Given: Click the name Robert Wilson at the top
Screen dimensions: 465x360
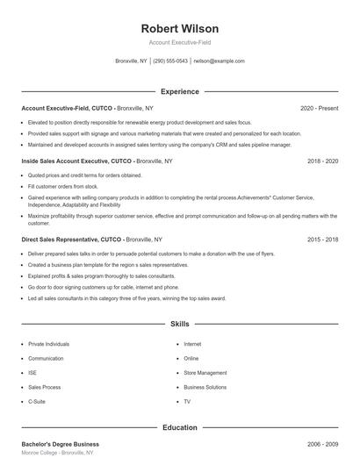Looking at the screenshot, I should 179,29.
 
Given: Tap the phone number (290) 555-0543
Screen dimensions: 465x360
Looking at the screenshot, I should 170,61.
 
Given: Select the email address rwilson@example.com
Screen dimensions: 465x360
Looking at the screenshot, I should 219,61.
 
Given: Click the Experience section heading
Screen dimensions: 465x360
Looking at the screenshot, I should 179,91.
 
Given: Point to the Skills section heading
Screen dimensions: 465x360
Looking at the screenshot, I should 179,324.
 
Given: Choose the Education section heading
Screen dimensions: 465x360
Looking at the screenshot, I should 179,427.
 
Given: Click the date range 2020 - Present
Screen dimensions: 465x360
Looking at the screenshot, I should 319,109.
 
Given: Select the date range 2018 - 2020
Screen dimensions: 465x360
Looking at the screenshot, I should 323,161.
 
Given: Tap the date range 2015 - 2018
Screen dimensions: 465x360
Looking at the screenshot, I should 323,239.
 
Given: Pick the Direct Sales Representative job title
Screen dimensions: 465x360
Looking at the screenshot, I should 59,239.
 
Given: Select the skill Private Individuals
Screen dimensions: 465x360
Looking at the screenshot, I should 48,345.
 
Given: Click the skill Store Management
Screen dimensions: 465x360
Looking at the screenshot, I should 205,373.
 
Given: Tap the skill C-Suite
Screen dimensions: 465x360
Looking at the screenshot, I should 38,401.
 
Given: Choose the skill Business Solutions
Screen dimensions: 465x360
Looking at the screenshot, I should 205,387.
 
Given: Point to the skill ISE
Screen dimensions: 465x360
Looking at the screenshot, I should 32,373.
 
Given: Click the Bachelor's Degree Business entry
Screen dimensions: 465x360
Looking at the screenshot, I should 60,445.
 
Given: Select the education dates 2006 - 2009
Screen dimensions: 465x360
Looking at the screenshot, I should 323,445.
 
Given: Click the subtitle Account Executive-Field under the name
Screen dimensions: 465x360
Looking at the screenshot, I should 179,42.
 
